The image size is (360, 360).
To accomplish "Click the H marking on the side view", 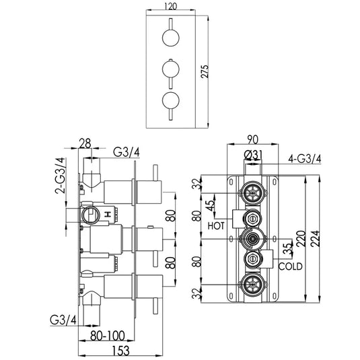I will pos(106,214).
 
